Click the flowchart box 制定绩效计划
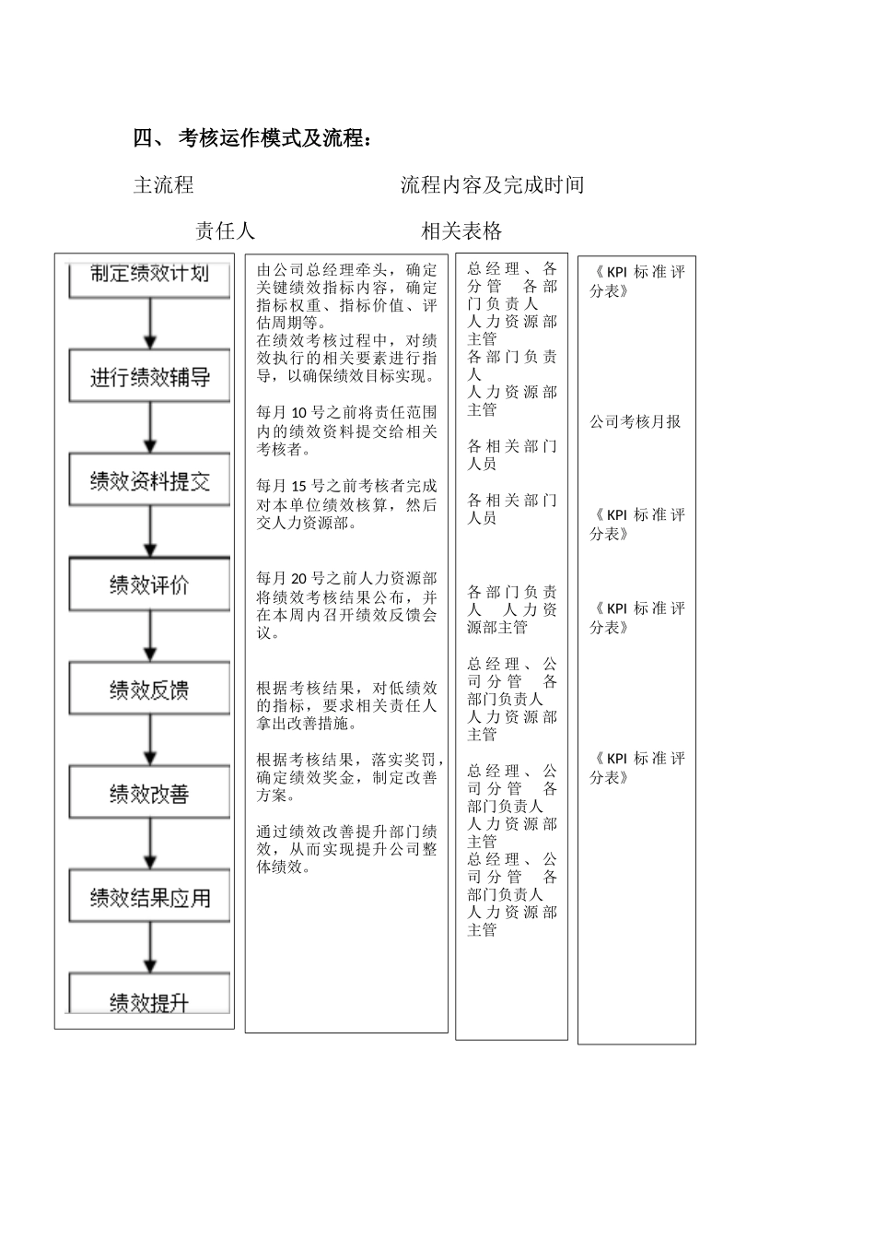[149, 275]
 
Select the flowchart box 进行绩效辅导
[149, 377]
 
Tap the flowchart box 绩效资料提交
[149, 481]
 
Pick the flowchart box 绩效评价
[149, 585]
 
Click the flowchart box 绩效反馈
[149, 690]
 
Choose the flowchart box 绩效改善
[149, 794]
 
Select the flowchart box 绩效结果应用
[149, 898]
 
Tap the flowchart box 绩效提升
[149, 1001]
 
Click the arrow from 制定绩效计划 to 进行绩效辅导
[151, 324]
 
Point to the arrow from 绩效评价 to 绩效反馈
[151, 637]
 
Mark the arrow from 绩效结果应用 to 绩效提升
[151, 949]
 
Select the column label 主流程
[164, 185]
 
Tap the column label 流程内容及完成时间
[492, 185]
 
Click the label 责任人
[225, 230]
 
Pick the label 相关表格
[461, 230]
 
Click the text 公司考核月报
[636, 422]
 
